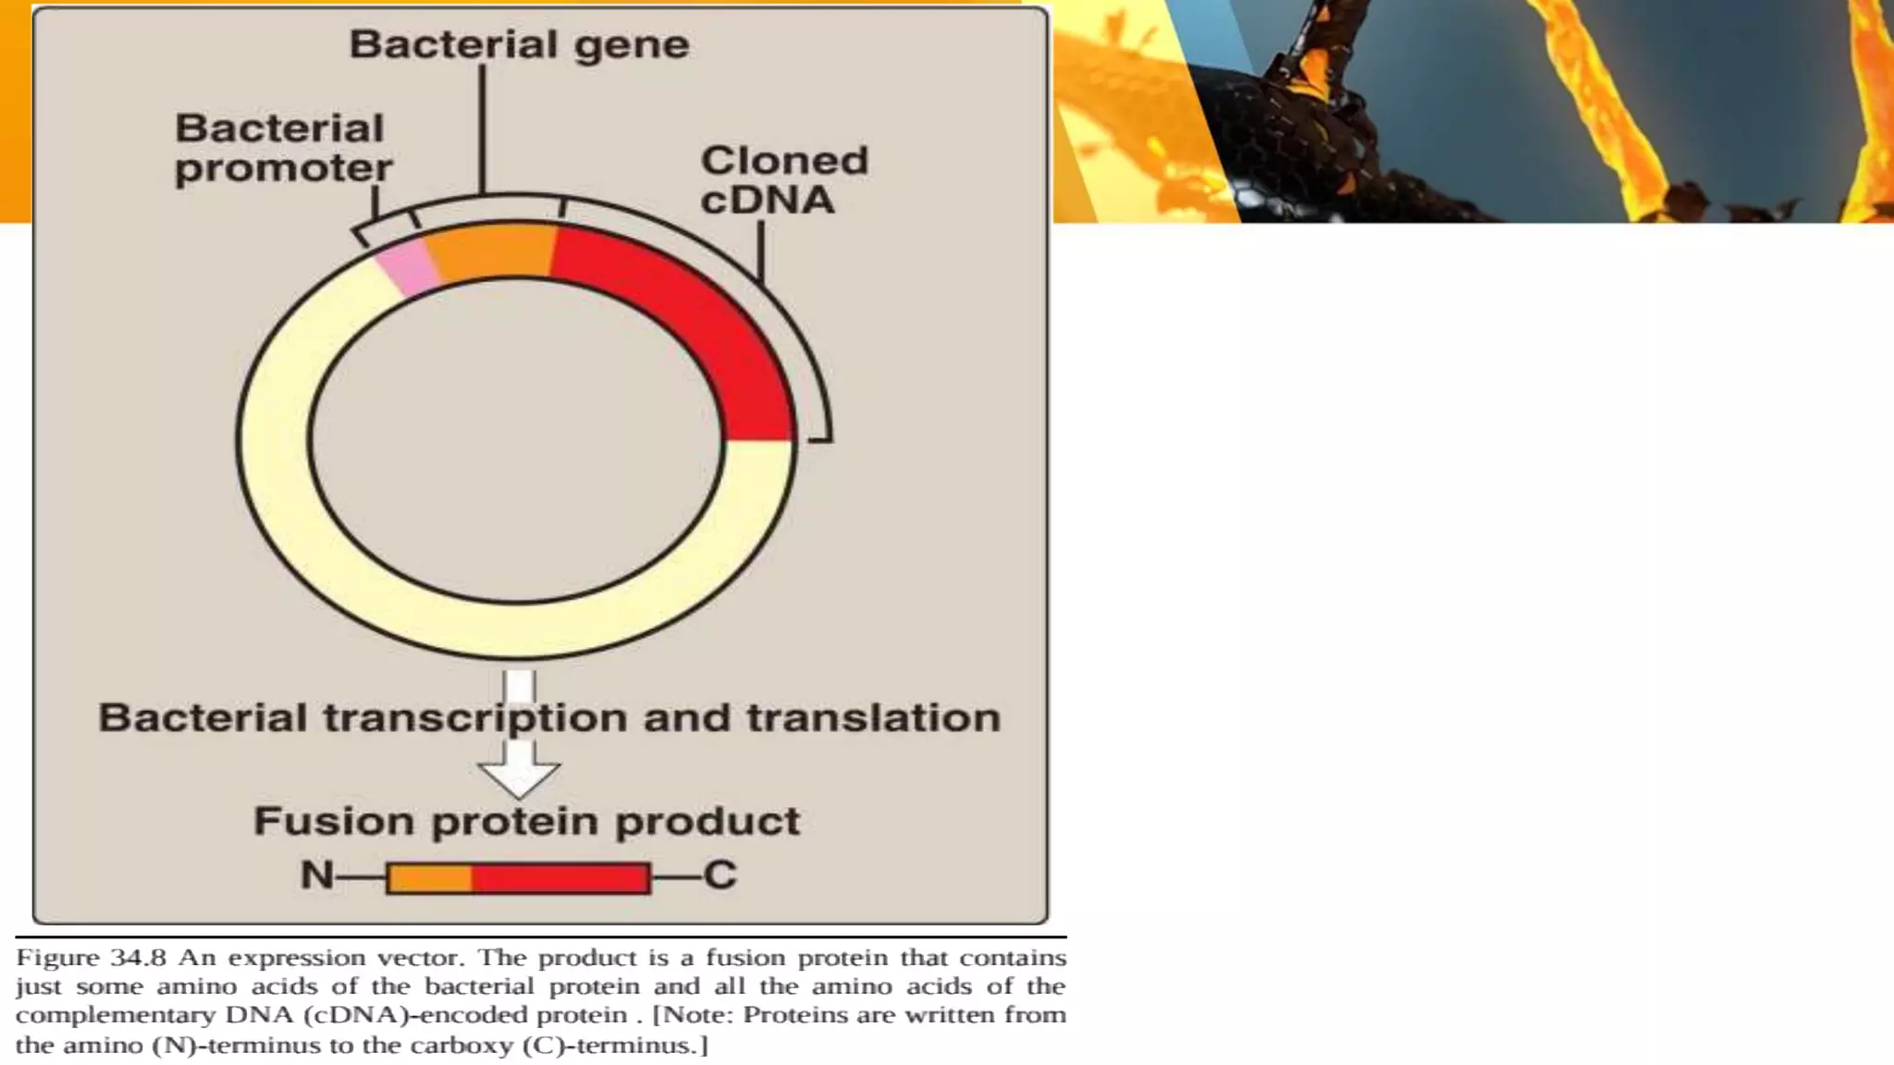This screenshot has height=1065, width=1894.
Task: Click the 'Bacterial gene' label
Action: (519, 44)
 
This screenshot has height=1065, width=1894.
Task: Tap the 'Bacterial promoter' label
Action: (282, 148)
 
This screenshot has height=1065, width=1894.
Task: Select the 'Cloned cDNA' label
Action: (783, 180)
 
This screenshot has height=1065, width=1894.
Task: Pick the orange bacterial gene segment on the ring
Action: (490, 251)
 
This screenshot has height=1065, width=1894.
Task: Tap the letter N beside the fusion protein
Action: (316, 875)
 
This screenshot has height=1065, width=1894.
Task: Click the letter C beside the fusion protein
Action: (719, 875)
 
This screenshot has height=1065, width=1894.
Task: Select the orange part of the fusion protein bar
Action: (430, 877)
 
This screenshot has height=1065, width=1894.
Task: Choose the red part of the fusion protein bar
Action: (560, 877)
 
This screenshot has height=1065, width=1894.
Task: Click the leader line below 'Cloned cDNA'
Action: (760, 250)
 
